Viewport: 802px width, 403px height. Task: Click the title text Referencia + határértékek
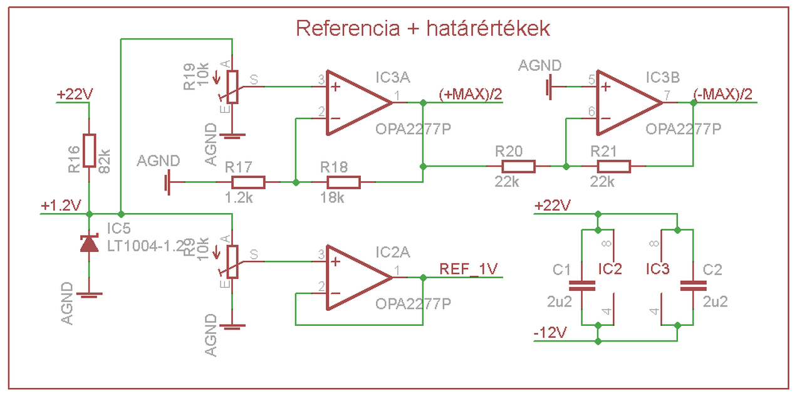click(423, 29)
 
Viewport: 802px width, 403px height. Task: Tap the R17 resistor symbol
click(248, 182)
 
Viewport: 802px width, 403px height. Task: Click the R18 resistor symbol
click(343, 182)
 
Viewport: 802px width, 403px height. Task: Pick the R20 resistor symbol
click(518, 166)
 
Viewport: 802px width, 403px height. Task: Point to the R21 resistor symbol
click(613, 166)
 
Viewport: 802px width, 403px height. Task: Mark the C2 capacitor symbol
click(692, 285)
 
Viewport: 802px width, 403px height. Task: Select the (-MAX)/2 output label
click(723, 93)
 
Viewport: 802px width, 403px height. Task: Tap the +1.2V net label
click(61, 206)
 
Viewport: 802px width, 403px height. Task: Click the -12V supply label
click(550, 333)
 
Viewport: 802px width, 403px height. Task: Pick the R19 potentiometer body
click(232, 86)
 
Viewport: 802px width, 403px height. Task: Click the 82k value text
click(105, 161)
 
